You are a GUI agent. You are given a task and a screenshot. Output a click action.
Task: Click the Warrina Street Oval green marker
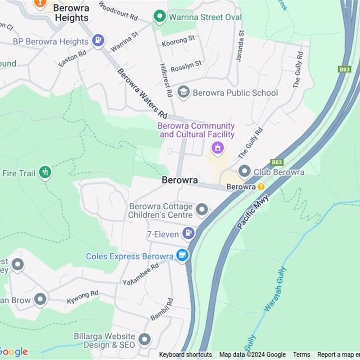coord(159,17)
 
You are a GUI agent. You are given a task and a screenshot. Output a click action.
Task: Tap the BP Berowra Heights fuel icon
coord(98,41)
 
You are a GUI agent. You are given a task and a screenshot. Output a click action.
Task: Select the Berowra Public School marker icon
coord(183,92)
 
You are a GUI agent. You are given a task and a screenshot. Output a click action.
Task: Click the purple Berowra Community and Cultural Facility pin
coord(218,147)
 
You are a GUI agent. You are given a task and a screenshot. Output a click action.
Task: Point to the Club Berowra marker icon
coord(244,171)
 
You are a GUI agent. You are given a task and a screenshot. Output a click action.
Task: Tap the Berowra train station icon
coord(261,186)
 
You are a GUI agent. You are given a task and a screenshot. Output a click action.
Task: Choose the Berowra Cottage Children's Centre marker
coord(202,209)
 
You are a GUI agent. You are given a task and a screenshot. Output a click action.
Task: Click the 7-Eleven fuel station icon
coord(189,234)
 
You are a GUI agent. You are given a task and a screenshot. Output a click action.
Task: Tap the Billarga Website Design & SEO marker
coord(144,340)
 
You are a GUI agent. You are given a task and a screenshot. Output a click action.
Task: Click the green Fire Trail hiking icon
coord(45,172)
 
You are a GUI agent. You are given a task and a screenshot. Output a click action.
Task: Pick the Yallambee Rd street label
coord(141,274)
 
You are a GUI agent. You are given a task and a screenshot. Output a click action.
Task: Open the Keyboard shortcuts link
coord(185,355)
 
